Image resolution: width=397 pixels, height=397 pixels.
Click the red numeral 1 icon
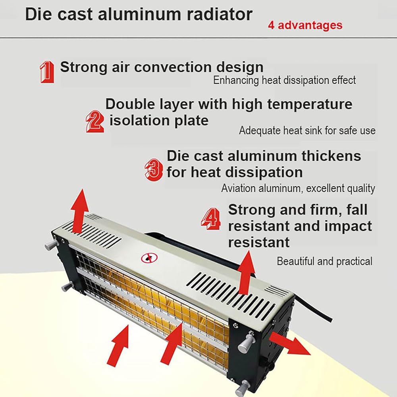click(x=47, y=72)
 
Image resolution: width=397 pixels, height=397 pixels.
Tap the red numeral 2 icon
click(x=95, y=121)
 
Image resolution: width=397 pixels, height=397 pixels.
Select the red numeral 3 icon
click(x=154, y=170)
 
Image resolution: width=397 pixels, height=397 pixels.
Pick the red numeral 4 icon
click(x=211, y=219)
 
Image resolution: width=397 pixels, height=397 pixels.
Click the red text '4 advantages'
click(x=305, y=25)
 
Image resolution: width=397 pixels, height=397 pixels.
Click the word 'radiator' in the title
click(x=220, y=14)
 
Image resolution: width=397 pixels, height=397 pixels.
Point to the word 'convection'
click(x=173, y=67)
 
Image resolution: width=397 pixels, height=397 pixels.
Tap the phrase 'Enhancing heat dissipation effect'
click(x=284, y=80)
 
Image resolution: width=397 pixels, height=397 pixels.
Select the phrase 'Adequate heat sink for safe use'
click(x=307, y=131)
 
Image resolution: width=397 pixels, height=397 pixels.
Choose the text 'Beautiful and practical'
click(x=324, y=261)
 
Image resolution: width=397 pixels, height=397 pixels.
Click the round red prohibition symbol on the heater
click(x=149, y=258)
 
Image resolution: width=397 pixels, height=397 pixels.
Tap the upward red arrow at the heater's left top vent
click(x=79, y=211)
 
